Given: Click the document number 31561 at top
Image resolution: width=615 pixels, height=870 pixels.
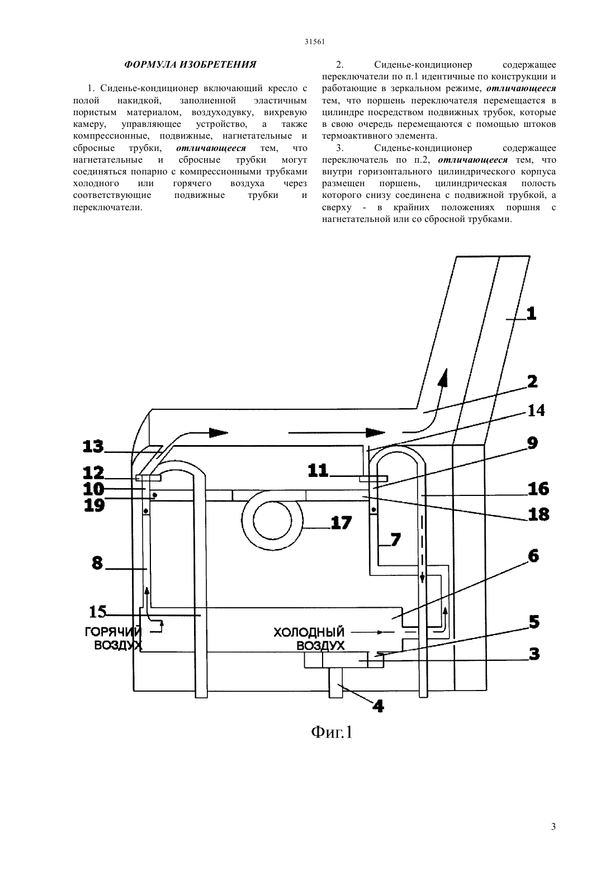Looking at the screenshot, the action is tap(314, 42).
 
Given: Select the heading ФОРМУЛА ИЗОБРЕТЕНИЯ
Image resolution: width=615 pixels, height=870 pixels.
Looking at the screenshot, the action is tap(190, 64).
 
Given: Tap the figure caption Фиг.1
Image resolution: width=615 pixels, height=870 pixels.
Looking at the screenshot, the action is tap(332, 732).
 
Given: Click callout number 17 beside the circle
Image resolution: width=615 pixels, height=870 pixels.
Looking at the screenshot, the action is tap(341, 522).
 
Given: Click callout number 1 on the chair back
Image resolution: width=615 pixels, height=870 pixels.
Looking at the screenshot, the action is tap(532, 313).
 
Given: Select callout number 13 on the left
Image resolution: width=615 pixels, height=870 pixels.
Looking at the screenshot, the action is tap(93, 447).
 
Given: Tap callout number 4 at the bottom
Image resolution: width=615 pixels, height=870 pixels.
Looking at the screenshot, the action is tap(378, 705).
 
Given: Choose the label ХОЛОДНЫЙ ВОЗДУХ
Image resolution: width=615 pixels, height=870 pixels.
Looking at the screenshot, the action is tap(309, 638).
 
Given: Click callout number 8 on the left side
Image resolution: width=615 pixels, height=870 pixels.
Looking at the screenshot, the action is tap(97, 563).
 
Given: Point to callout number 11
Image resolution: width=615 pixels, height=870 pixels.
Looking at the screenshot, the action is tap(318, 471).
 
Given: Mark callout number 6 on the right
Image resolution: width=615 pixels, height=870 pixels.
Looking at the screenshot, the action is tap(533, 556).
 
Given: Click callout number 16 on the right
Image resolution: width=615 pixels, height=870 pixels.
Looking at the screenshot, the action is tap(538, 489).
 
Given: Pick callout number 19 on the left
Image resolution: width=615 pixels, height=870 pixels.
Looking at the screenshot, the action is tap(93, 505).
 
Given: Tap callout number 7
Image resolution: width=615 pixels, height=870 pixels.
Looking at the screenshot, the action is tap(396, 540).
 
